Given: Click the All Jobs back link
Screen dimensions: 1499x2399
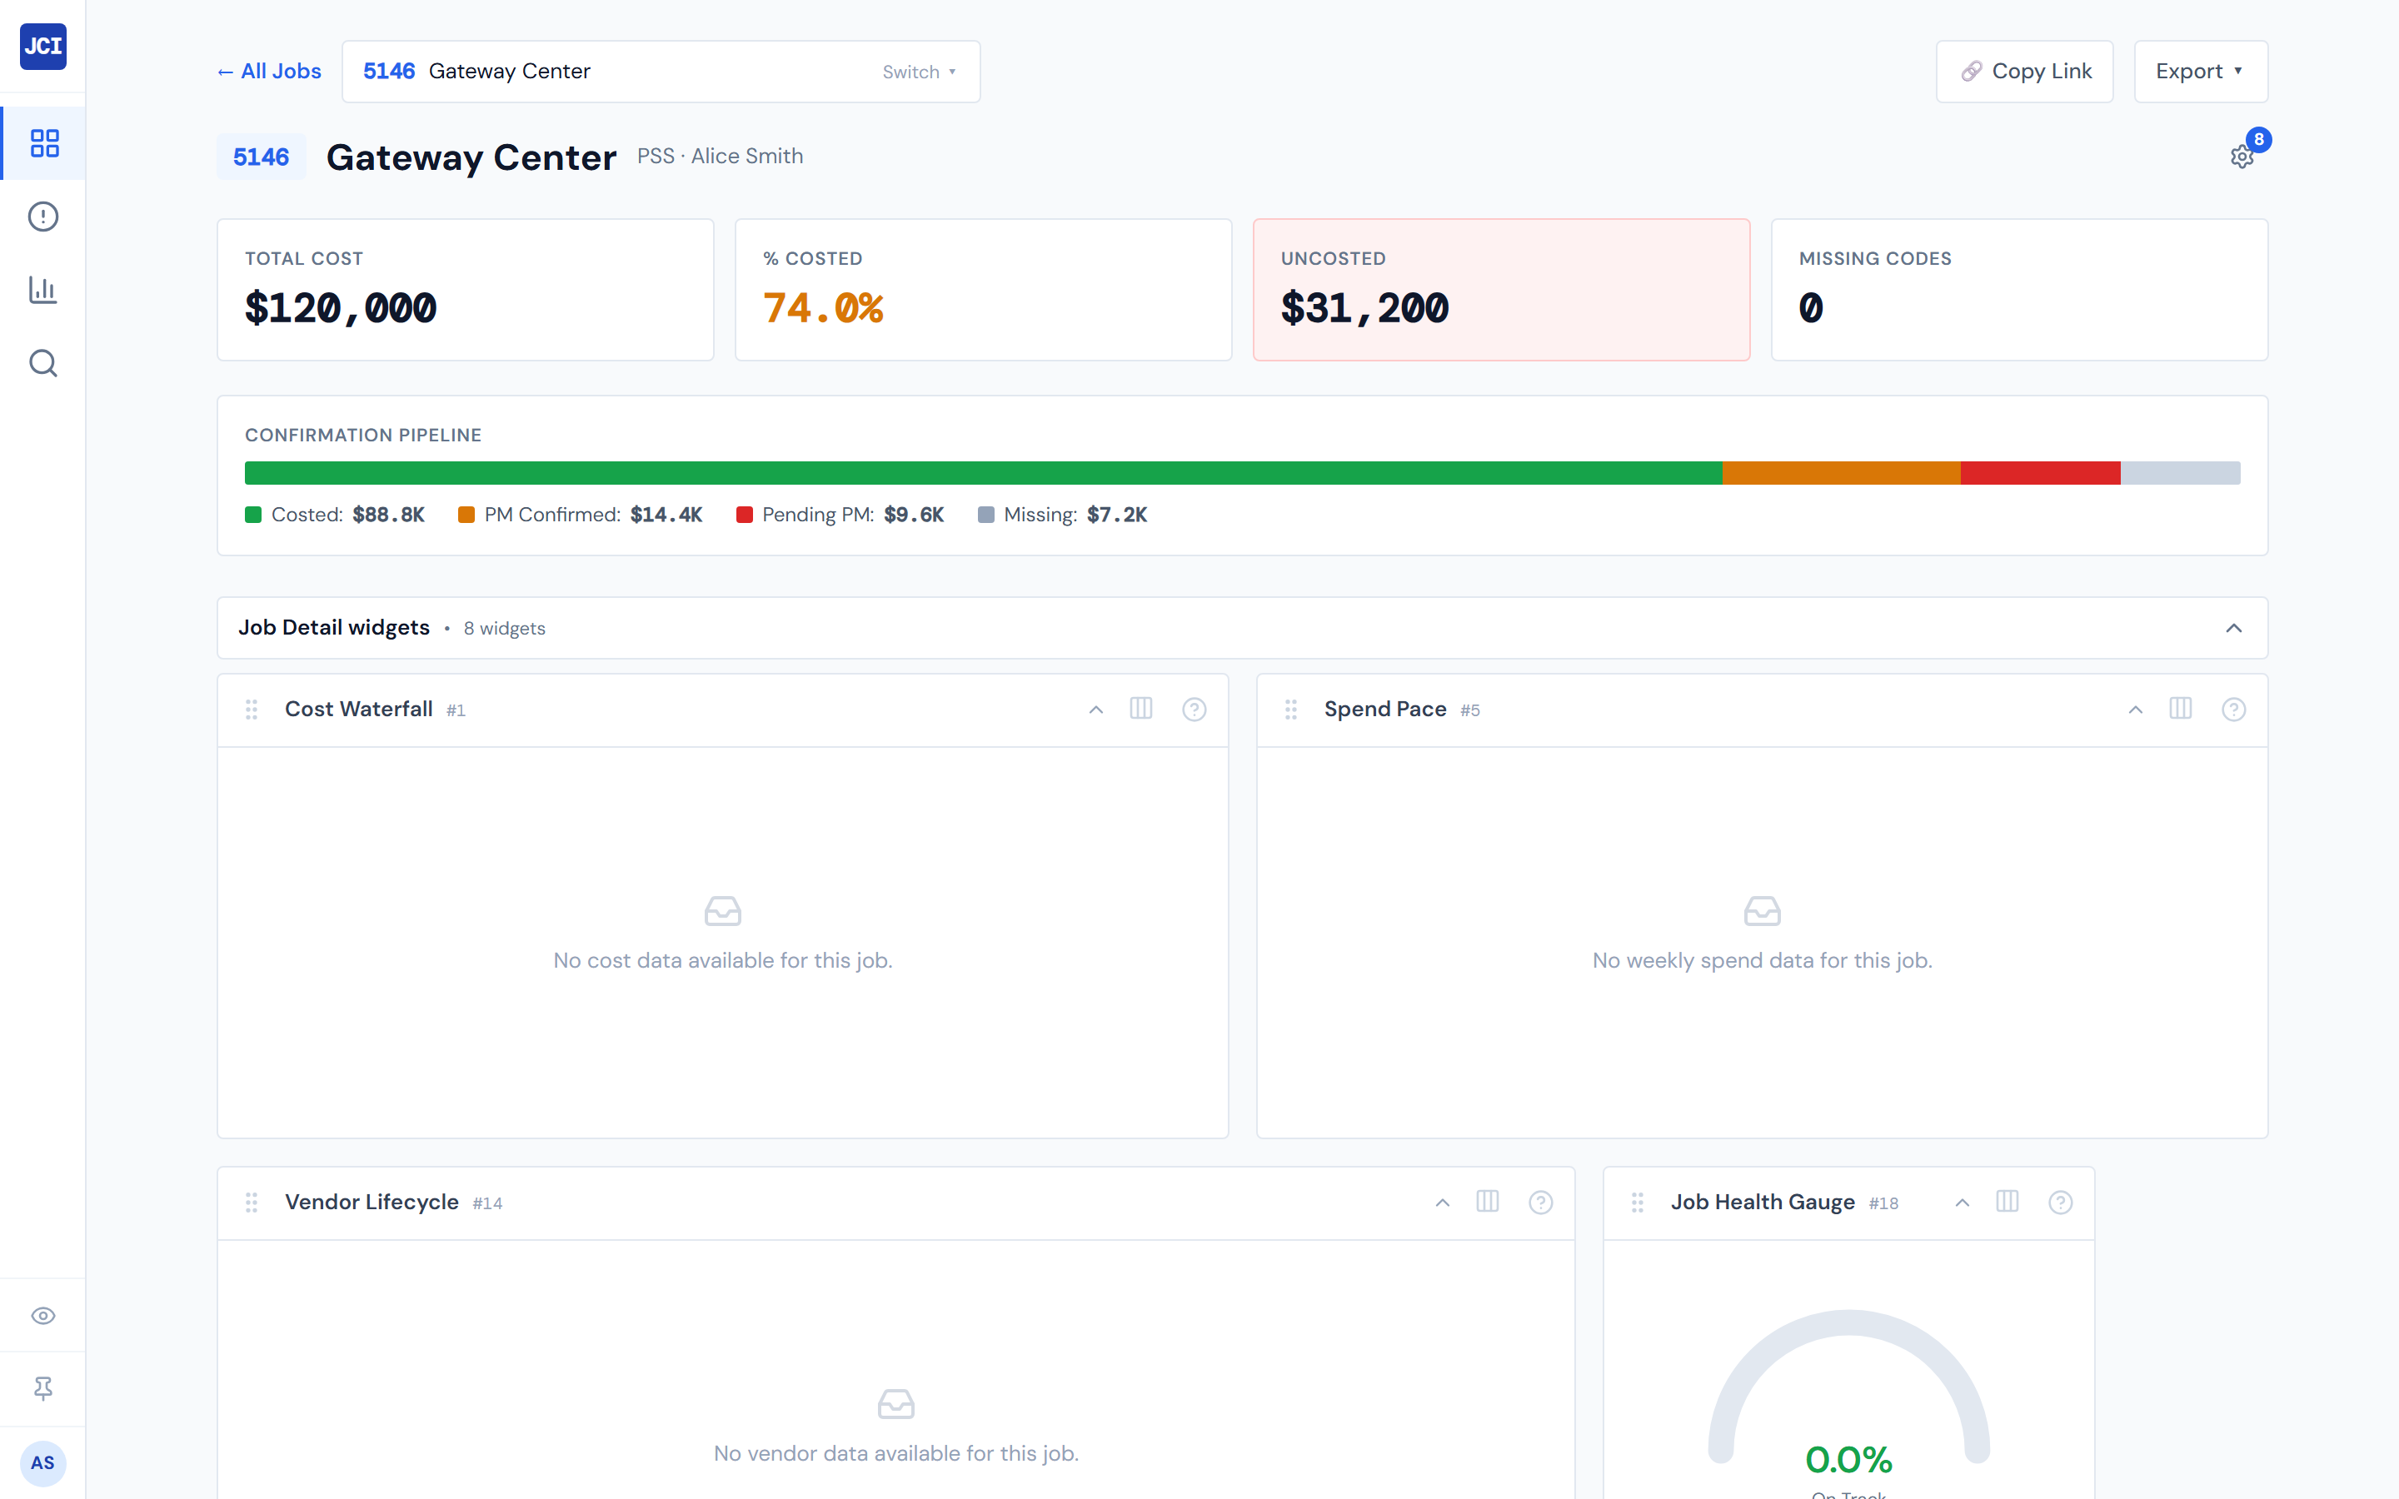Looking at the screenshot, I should (270, 72).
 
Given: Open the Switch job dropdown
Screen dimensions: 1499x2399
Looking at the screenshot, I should (919, 72).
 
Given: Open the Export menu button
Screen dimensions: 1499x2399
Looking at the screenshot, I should (2200, 72).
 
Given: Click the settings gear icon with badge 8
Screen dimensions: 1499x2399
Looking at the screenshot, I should (2242, 157).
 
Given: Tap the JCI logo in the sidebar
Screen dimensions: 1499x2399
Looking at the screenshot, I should (42, 47).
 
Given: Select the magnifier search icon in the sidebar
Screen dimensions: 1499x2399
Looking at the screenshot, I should (42, 363).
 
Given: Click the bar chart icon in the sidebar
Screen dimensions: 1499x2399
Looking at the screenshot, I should (42, 290).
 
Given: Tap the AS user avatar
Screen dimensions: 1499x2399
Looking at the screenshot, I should (42, 1462).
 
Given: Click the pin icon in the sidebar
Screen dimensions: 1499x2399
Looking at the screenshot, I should (42, 1388).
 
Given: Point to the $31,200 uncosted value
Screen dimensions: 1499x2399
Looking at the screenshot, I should (1364, 308).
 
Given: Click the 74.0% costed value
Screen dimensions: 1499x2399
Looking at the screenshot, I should (823, 308).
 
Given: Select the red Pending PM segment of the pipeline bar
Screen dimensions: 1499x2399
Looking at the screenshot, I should (2039, 473).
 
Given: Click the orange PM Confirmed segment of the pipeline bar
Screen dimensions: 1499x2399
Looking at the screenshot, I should (1840, 473).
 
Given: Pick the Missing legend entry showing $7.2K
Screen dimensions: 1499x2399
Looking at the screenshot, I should (1063, 515).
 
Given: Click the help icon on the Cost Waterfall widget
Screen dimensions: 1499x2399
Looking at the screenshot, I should (1194, 709).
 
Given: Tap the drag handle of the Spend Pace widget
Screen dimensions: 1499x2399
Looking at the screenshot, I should (1290, 709).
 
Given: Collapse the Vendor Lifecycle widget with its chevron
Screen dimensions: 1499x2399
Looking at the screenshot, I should (1443, 1203).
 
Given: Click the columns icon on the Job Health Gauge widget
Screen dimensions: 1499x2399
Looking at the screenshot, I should (2007, 1202).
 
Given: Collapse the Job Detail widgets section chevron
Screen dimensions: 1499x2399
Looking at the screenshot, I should (2233, 628).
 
